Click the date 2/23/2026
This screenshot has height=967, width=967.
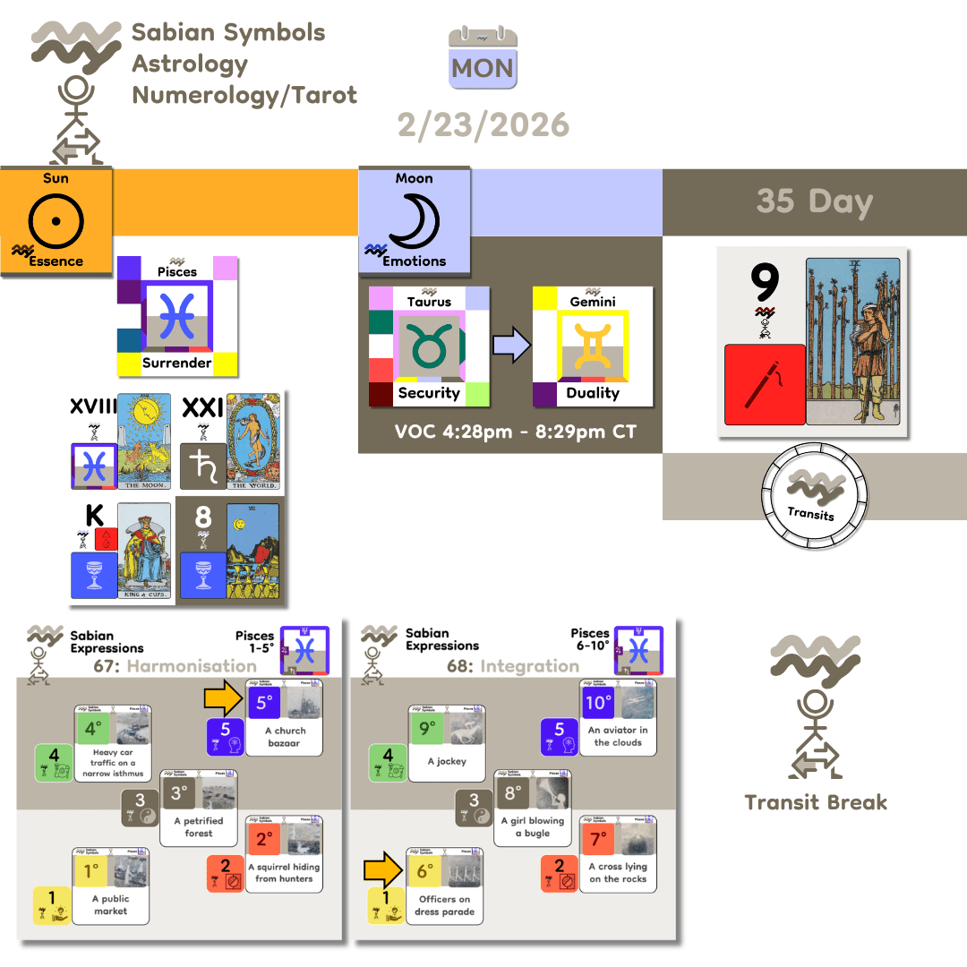[483, 124]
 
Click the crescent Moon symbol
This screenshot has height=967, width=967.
[413, 220]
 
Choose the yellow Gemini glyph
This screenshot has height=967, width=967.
[592, 344]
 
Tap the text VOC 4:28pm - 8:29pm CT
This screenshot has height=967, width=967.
[516, 432]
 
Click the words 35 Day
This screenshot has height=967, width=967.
[814, 201]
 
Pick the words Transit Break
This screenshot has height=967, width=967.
[816, 802]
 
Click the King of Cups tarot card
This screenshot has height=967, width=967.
[143, 551]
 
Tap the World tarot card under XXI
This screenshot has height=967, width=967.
[253, 442]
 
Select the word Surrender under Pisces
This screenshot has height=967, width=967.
[176, 363]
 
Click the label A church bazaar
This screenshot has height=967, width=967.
[284, 737]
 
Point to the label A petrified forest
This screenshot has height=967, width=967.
[199, 826]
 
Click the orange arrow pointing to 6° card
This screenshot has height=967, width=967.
[381, 870]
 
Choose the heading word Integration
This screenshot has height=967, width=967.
[529, 666]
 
